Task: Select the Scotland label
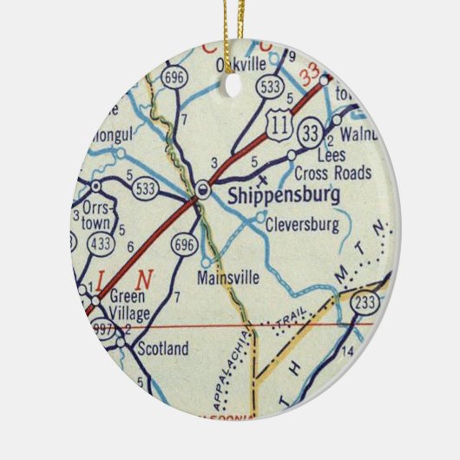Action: (x=162, y=349)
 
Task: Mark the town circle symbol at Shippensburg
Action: (x=202, y=187)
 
